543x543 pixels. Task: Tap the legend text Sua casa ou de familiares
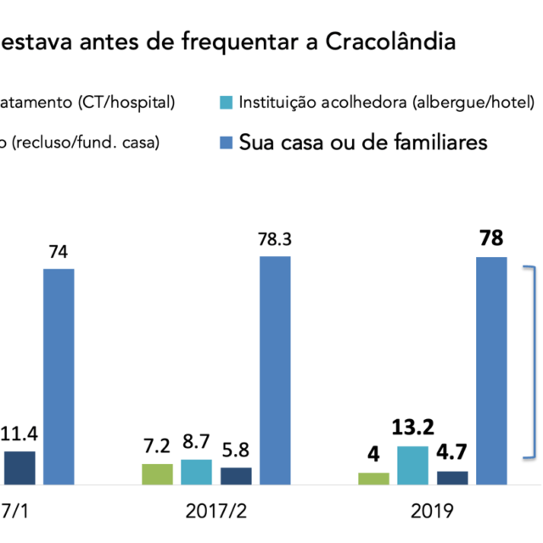click(x=363, y=143)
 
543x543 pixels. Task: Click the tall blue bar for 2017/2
click(x=275, y=370)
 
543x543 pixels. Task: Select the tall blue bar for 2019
click(x=491, y=370)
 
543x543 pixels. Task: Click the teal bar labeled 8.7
click(x=196, y=472)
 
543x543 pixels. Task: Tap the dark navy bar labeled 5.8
click(x=236, y=476)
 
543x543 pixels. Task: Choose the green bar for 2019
click(x=373, y=479)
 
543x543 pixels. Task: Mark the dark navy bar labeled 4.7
click(x=452, y=478)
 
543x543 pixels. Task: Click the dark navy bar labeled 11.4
click(x=20, y=467)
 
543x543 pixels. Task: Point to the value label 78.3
click(x=275, y=241)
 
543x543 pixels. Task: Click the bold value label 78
click(x=491, y=239)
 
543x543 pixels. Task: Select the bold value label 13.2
click(x=413, y=429)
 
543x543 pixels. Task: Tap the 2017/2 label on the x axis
click(x=216, y=512)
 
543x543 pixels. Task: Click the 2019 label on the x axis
click(x=433, y=512)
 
